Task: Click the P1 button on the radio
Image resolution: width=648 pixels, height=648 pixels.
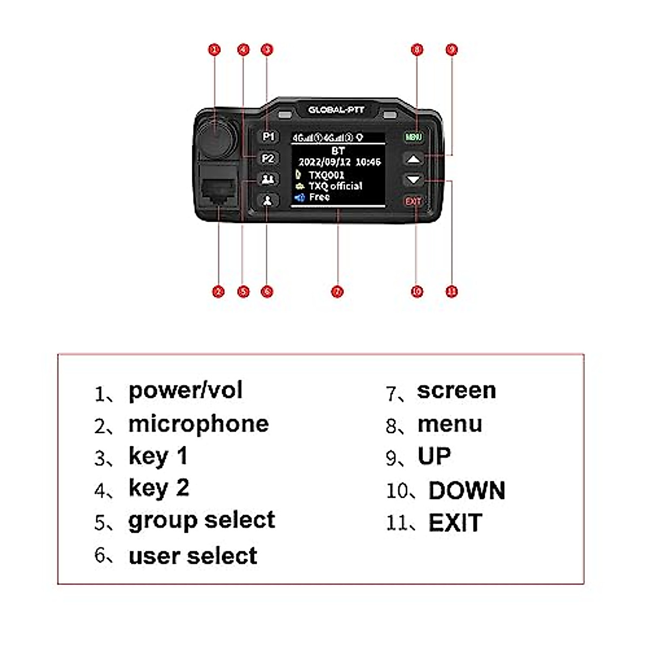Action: tap(268, 137)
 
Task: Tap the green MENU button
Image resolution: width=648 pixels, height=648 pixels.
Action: tap(413, 137)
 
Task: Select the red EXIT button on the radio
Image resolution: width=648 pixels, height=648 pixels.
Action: tap(413, 201)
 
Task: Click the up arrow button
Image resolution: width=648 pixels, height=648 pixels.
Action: tap(413, 159)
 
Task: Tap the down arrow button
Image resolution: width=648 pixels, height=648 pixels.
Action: tap(413, 180)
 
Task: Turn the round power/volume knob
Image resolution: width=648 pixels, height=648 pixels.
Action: tap(216, 135)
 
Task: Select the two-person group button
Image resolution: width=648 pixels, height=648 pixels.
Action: tap(268, 179)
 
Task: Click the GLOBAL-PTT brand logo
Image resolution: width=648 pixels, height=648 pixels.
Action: tap(336, 110)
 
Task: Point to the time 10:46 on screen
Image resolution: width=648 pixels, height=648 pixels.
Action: tap(368, 161)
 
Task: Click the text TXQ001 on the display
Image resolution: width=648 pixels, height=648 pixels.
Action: tap(326, 175)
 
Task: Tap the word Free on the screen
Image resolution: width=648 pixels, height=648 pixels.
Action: tap(319, 197)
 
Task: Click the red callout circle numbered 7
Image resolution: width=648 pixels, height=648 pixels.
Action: tap(337, 292)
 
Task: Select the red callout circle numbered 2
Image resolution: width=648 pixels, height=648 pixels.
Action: tap(218, 292)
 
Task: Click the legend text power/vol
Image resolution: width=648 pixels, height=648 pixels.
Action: tap(185, 390)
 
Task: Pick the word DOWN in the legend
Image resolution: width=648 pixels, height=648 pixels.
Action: tap(467, 490)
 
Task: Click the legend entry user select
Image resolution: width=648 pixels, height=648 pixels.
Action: tap(193, 556)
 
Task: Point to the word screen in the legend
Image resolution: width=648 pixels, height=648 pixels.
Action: tap(456, 390)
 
